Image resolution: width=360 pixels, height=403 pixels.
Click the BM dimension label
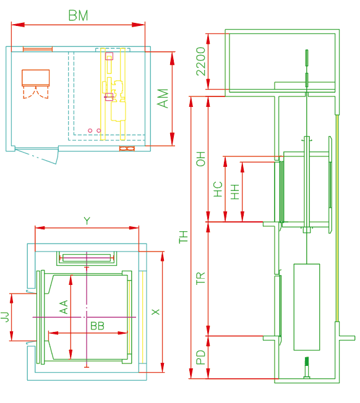[78, 15]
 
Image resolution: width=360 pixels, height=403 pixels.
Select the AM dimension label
[163, 98]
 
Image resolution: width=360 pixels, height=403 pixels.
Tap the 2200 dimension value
[201, 61]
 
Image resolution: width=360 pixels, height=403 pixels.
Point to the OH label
[201, 159]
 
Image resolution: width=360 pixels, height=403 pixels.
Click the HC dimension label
[218, 189]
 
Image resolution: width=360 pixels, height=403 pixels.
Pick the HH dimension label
[235, 192]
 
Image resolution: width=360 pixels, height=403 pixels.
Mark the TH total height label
[184, 237]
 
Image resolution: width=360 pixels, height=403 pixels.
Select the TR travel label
[201, 278]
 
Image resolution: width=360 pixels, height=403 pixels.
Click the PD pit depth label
[201, 357]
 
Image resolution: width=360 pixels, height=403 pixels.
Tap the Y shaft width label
[87, 221]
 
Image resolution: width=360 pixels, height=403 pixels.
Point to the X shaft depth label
[156, 312]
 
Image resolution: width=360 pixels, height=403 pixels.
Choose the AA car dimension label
[64, 307]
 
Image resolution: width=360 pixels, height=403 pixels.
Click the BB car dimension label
[97, 326]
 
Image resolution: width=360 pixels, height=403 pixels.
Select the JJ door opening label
[4, 316]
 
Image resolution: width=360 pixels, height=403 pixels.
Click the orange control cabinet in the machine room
[35, 78]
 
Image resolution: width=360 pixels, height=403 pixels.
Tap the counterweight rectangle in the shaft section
[307, 307]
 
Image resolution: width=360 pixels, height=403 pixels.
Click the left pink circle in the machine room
[90, 130]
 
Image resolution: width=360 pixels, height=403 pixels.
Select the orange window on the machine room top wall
[38, 49]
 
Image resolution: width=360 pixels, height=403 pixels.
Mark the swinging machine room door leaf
[36, 156]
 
